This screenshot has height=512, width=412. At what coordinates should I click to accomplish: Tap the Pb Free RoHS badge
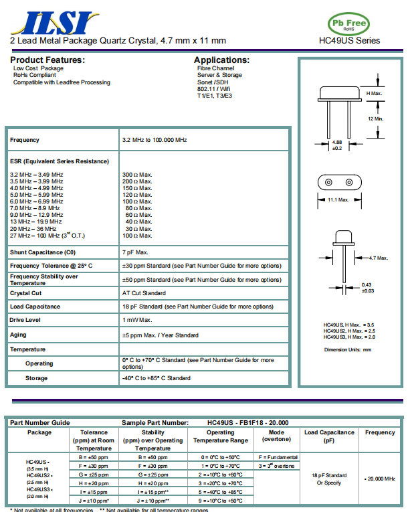tap(348, 23)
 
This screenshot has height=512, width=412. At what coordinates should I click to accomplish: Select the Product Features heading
tap(47, 60)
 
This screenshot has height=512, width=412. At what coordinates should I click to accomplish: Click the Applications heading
tap(221, 60)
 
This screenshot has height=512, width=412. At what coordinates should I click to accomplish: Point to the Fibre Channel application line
tap(215, 68)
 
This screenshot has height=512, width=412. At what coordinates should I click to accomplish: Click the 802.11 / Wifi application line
tap(214, 89)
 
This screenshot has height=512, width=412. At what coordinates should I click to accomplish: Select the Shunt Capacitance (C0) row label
tap(43, 252)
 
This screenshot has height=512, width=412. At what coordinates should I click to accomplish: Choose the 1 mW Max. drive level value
tap(138, 320)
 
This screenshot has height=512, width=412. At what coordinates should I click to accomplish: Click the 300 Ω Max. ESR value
tap(137, 175)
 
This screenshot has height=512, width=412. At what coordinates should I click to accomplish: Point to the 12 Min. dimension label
tap(375, 118)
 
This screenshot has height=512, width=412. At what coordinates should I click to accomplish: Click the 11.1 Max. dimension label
tap(338, 199)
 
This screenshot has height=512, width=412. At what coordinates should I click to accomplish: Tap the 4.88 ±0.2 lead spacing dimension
tap(337, 145)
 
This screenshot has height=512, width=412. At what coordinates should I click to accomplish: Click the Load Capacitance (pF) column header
tap(329, 436)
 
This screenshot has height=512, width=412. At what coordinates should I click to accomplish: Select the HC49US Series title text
tap(349, 40)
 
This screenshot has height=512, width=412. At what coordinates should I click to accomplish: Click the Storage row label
tap(36, 378)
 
